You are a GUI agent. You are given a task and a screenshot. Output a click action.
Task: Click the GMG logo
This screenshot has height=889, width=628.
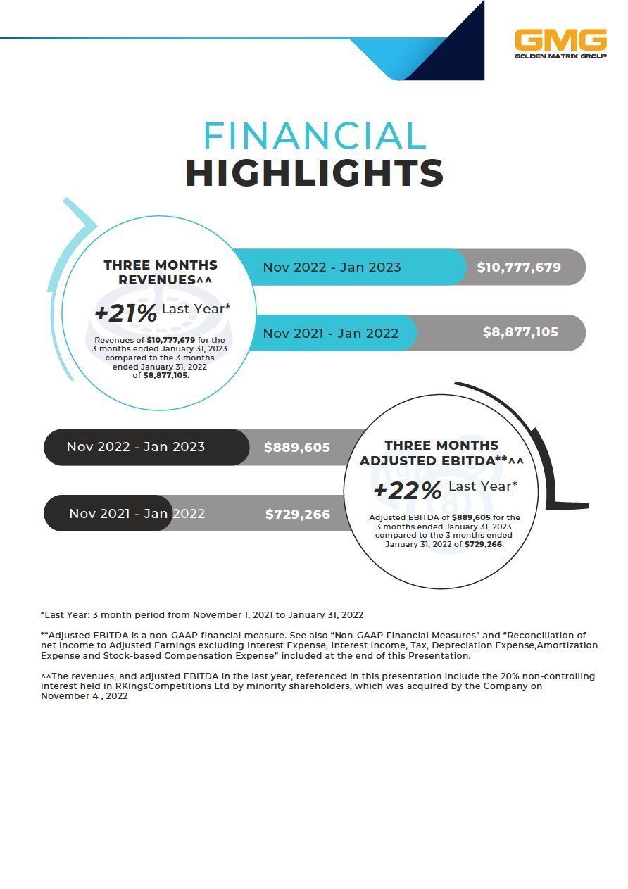click(x=560, y=43)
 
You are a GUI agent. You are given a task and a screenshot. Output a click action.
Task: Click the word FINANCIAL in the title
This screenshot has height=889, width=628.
click(x=315, y=137)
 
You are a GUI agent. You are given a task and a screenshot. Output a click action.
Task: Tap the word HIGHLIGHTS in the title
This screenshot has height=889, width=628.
click(x=315, y=173)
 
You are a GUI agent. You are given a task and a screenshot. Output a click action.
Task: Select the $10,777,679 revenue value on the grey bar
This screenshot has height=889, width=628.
click(x=519, y=267)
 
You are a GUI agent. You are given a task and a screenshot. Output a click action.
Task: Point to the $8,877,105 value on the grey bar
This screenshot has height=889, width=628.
click(x=520, y=332)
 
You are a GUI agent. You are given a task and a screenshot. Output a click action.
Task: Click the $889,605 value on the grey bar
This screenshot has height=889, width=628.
click(x=297, y=448)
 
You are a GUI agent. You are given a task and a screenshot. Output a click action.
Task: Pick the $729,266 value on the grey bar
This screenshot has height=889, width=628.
click(x=298, y=515)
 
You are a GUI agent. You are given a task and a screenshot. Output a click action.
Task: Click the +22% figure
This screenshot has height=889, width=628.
click(x=407, y=491)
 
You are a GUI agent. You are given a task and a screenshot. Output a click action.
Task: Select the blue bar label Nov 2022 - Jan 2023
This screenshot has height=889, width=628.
click(x=332, y=267)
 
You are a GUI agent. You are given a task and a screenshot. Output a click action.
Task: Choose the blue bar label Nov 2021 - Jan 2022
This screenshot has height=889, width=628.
click(x=330, y=333)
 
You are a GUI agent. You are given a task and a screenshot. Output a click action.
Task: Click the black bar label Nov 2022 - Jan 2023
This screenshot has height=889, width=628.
click(x=136, y=447)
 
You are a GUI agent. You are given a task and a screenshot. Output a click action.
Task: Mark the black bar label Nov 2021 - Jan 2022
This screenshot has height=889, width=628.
click(x=137, y=514)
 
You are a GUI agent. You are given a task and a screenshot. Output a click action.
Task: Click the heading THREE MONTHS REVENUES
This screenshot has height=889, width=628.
click(x=161, y=272)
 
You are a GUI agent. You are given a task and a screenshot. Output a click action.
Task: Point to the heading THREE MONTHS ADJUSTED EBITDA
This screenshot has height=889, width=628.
click(x=441, y=453)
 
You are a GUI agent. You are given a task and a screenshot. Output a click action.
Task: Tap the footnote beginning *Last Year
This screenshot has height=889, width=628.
click(x=202, y=615)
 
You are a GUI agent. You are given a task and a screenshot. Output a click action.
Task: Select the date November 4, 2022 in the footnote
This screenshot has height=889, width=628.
click(x=84, y=695)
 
